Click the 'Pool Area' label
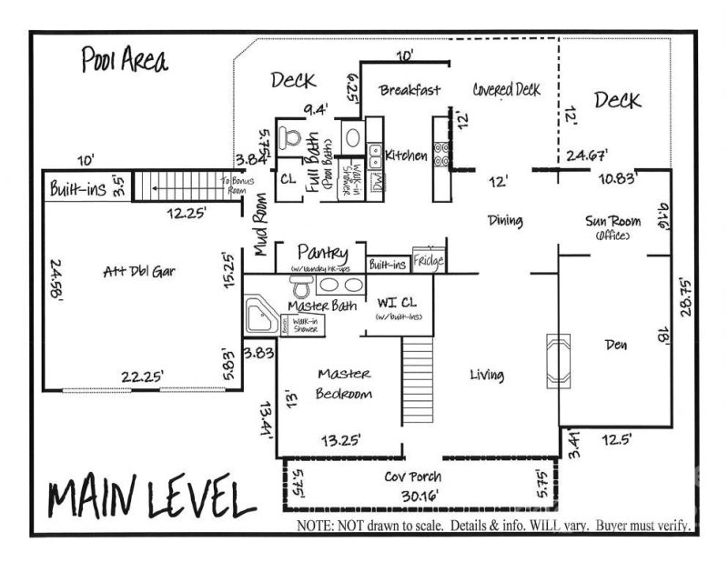click(x=124, y=63)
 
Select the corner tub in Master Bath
click(x=262, y=315)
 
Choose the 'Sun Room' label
click(x=613, y=221)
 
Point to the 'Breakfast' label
click(x=409, y=90)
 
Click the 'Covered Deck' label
click(x=507, y=89)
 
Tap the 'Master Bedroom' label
click(x=344, y=383)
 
